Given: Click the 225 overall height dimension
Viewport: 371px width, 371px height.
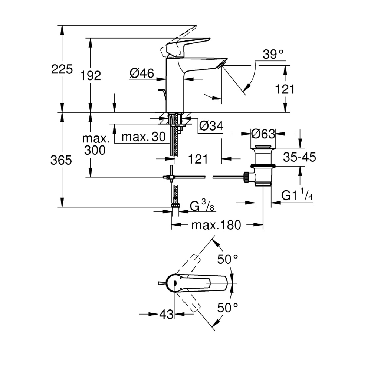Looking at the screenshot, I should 62,69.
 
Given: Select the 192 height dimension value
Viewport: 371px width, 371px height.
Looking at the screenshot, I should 91,76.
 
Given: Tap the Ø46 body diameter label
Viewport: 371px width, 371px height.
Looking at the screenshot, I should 142,74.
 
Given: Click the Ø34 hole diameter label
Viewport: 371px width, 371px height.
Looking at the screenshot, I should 211,127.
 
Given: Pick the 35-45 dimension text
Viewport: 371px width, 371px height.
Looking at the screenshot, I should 299,157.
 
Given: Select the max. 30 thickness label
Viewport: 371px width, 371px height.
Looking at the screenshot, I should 143,137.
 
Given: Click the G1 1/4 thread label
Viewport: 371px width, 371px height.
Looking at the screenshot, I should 297,195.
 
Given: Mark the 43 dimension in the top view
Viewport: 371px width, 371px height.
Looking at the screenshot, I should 167,314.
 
